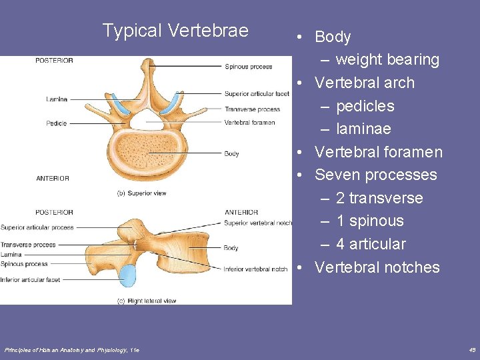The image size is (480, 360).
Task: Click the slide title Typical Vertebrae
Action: [175, 31]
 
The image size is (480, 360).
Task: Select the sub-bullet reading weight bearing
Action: [387, 60]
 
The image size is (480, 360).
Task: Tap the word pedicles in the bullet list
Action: [365, 106]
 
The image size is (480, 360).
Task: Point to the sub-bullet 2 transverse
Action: [379, 198]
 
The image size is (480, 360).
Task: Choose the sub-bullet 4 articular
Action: [371, 244]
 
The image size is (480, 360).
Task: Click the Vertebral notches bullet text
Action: [377, 267]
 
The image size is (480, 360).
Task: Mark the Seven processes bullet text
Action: [376, 175]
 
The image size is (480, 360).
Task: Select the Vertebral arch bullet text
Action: [365, 83]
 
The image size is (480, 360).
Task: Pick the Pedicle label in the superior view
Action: [57, 123]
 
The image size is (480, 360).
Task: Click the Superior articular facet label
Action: [257, 94]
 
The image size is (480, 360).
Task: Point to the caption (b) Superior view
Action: [141, 193]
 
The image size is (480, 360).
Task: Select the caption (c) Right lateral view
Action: [147, 301]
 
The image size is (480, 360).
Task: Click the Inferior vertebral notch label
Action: [256, 269]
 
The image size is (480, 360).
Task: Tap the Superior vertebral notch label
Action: [258, 223]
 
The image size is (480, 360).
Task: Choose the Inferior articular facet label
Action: [30, 280]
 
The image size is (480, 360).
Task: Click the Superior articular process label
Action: [37, 228]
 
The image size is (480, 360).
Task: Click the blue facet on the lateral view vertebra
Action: [127, 275]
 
